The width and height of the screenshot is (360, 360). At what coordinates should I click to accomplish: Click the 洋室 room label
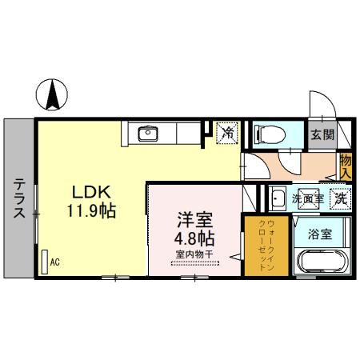[x=193, y=218]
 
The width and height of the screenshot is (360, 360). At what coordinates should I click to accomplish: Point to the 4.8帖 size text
[x=193, y=238]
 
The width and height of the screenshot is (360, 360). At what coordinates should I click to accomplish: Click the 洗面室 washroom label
[x=306, y=198]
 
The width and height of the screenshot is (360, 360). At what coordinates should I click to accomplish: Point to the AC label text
[x=54, y=262]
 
